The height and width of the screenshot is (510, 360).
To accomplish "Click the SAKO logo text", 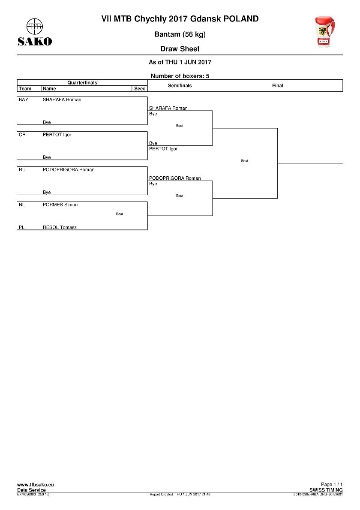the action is (x=35, y=42).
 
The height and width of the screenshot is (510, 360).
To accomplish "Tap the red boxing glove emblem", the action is (x=324, y=32).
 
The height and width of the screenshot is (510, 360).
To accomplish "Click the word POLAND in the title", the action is (x=241, y=19).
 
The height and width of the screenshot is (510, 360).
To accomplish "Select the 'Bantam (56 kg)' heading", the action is (x=180, y=34).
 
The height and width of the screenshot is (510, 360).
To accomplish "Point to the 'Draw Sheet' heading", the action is (x=180, y=49).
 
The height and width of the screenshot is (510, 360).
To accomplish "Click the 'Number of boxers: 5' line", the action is (x=180, y=76).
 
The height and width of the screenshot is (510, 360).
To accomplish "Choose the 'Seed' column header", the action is (x=140, y=88).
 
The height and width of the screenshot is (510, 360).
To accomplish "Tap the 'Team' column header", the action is (x=25, y=88).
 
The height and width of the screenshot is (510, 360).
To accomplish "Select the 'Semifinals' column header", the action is (x=180, y=85).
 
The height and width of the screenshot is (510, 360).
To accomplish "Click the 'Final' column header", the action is (x=277, y=85).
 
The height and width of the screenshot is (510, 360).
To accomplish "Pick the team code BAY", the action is (x=24, y=100).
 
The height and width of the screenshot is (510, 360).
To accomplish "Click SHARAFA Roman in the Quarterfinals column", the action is (x=62, y=100).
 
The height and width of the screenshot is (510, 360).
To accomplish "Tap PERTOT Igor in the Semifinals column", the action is (x=163, y=149).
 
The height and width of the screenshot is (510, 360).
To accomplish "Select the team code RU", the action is (x=22, y=169).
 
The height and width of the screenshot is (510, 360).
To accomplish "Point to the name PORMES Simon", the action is (x=60, y=205).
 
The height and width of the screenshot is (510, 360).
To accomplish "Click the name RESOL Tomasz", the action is (x=60, y=227).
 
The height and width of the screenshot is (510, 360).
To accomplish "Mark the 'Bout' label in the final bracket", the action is (x=245, y=161).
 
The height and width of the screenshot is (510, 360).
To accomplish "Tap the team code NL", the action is (x=22, y=205).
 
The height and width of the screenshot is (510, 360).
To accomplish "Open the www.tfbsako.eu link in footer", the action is (x=36, y=485).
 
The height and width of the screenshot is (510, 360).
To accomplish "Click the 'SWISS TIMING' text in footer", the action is (x=326, y=490).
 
